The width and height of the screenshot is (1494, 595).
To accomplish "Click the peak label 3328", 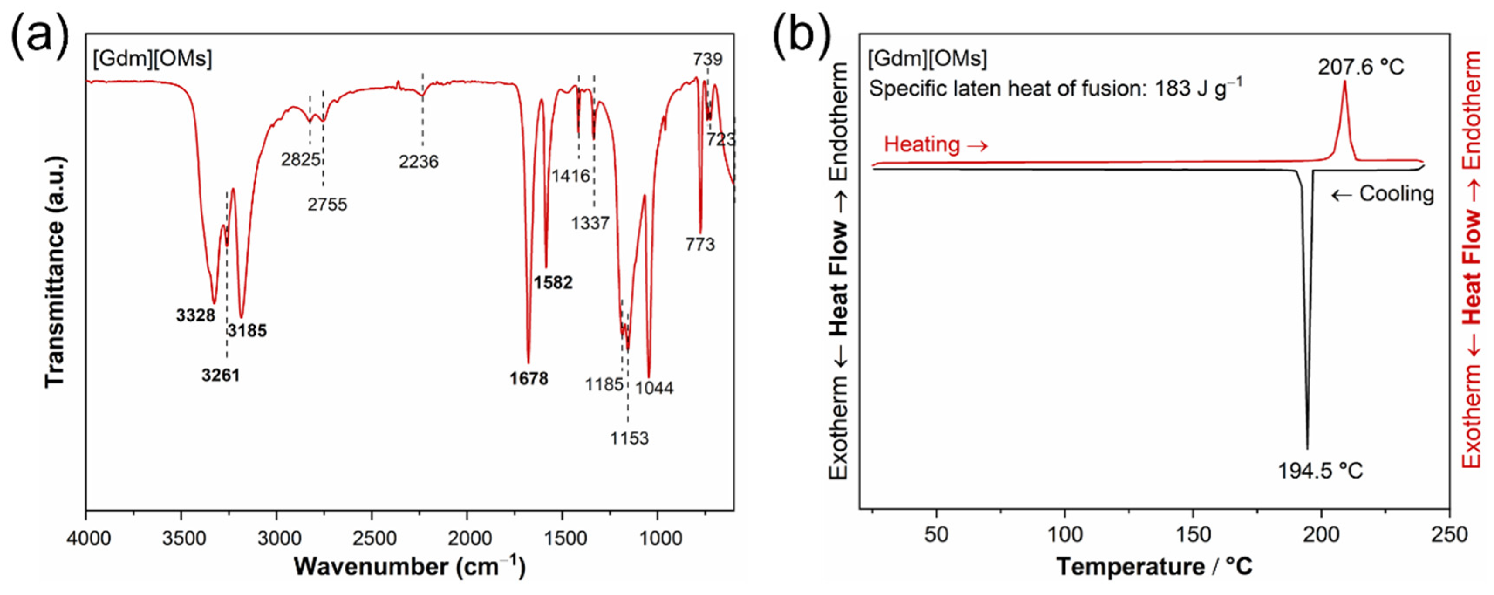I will tap(195, 315).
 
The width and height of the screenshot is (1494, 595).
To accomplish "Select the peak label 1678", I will tap(529, 379).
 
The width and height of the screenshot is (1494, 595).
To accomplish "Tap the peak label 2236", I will tap(418, 161).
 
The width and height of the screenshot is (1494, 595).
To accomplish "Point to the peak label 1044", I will tap(654, 387).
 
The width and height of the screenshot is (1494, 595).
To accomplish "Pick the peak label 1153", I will tap(629, 438).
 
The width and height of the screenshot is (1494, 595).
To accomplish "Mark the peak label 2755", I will tap(327, 204).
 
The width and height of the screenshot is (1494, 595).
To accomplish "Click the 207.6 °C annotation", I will tap(1361, 67).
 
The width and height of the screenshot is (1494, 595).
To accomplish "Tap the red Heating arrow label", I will tap(935, 144).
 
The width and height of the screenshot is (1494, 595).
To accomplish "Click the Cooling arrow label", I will tap(1383, 194).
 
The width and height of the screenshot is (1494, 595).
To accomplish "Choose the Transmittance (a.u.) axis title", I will tap(55, 271).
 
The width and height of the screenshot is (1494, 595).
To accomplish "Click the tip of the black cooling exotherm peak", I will tap(1307, 448).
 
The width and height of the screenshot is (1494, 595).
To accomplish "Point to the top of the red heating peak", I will tap(1344, 82).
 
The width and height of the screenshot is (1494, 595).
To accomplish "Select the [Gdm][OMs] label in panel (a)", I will tap(152, 58).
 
